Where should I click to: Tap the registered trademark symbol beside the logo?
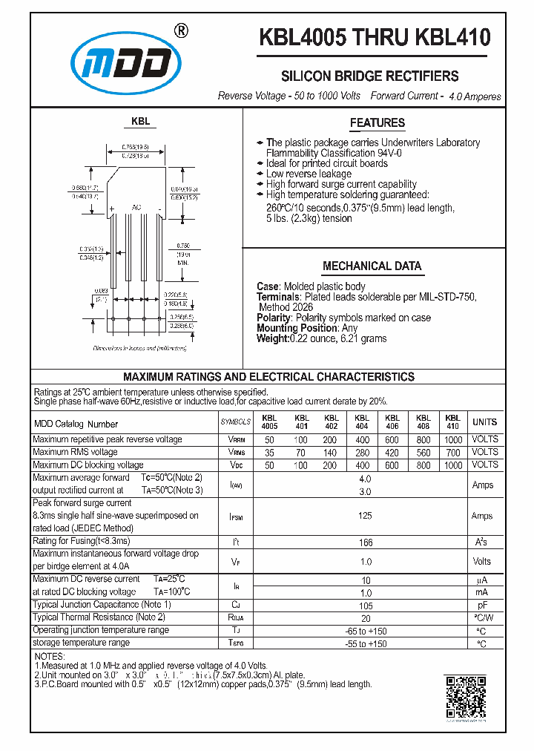[x=180, y=30]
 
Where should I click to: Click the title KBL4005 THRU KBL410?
[x=375, y=38]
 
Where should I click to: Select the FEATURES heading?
[x=378, y=123]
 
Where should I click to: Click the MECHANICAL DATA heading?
[x=372, y=266]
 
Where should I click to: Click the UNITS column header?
[x=484, y=422]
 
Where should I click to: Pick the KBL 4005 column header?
[x=269, y=422]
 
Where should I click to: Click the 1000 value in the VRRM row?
[x=452, y=440]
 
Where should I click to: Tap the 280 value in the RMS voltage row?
[x=361, y=453]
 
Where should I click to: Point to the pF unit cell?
[x=481, y=606]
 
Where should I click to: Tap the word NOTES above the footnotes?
[x=50, y=657]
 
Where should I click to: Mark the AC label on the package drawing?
[x=136, y=207]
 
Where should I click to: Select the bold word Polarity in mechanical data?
[x=273, y=318]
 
